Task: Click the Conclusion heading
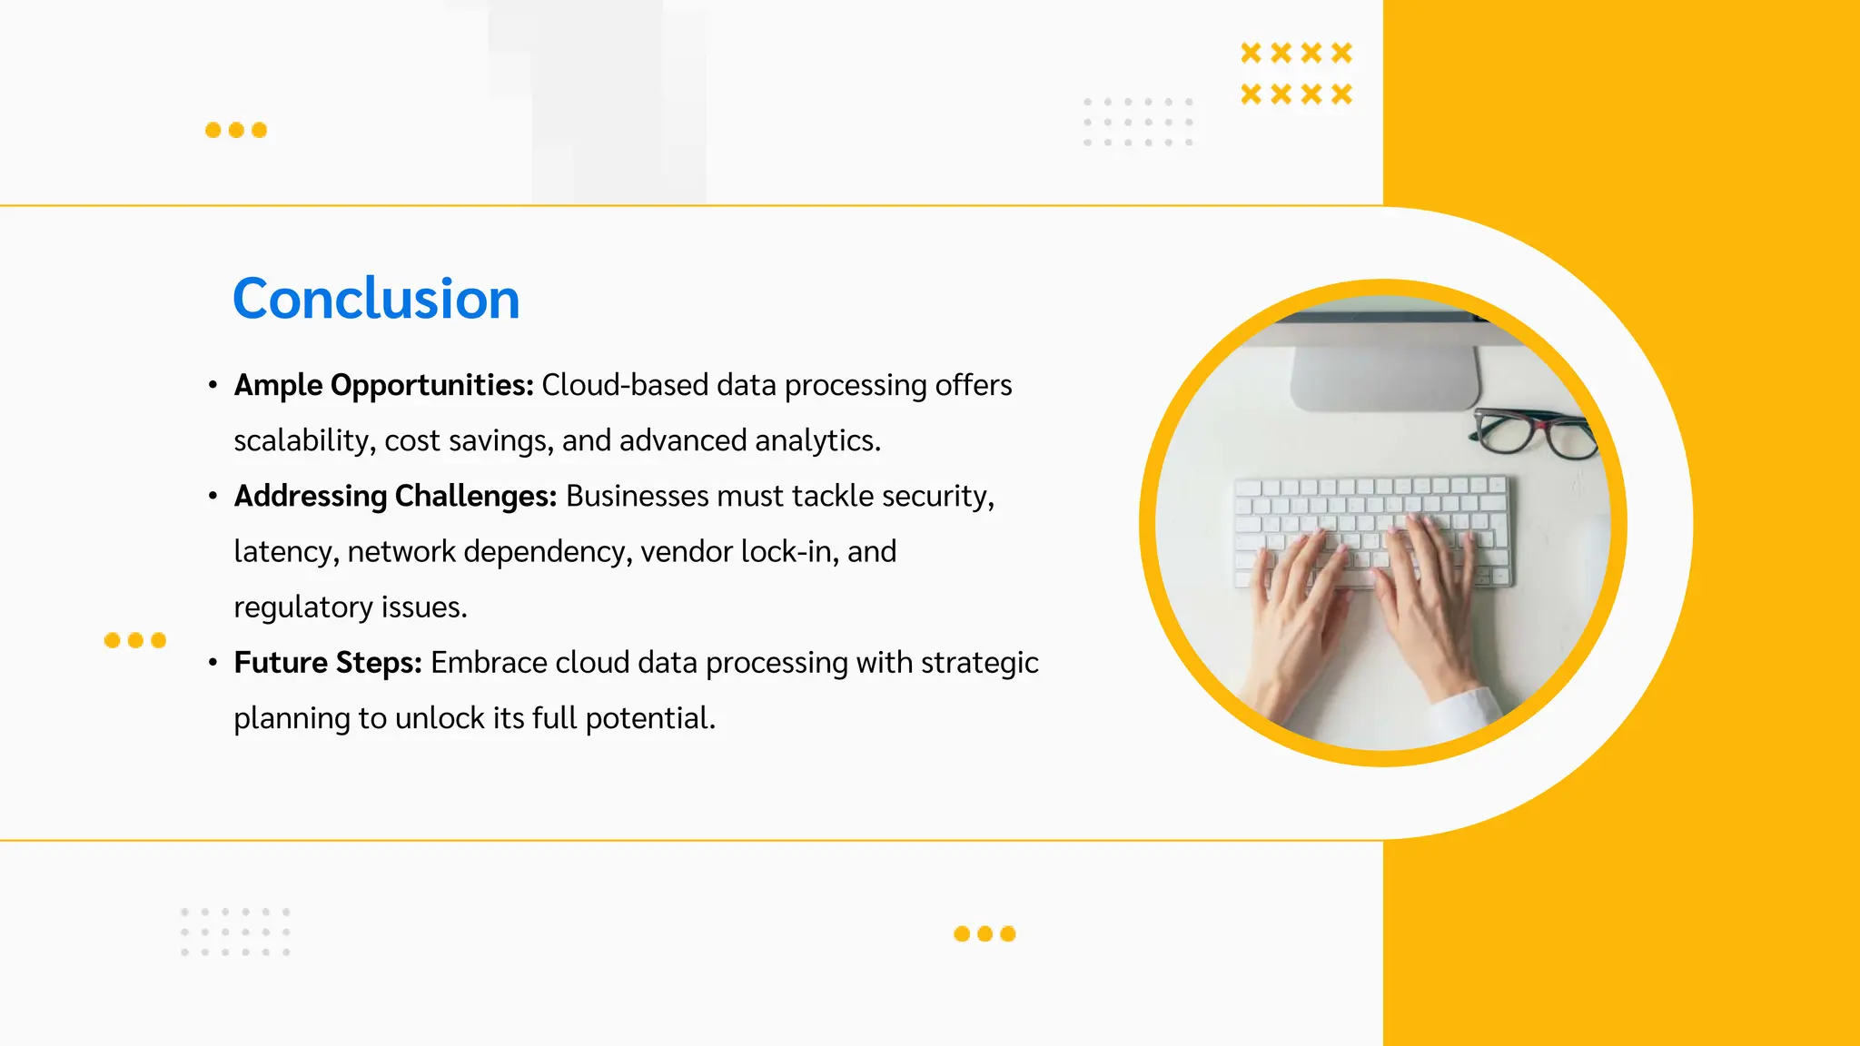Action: tap(376, 299)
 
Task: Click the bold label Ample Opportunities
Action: tap(383, 385)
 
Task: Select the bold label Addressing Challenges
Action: tap(395, 496)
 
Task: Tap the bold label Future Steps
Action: tap(328, 663)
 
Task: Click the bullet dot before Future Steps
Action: tap(213, 663)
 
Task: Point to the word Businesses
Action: tap(637, 496)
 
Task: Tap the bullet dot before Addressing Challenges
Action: tap(213, 496)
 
